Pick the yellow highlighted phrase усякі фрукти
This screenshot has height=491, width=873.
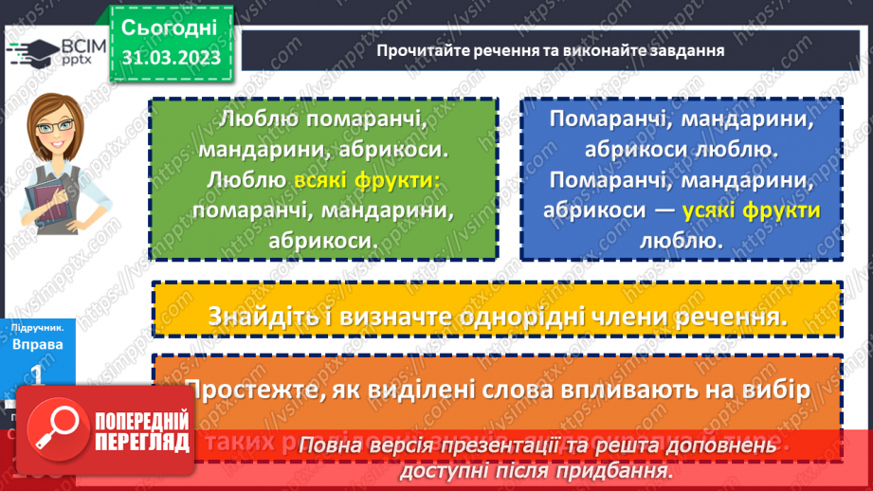click(x=755, y=210)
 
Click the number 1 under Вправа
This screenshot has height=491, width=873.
click(x=38, y=375)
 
